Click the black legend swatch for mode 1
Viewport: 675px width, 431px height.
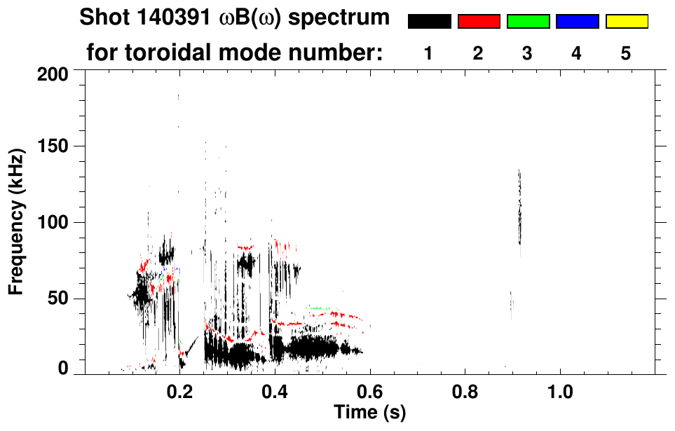[429, 22]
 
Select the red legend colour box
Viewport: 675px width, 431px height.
[479, 22]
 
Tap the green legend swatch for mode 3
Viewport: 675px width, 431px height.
[528, 22]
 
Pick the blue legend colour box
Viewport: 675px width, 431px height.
[577, 22]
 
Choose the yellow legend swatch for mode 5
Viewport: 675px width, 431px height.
[626, 22]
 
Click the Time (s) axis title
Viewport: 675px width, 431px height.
[369, 413]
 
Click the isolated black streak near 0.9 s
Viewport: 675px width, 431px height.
[519, 207]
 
